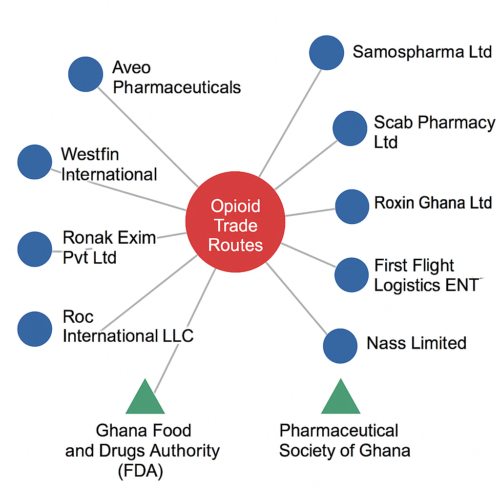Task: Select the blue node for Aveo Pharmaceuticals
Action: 86,74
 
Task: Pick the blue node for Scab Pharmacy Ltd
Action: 350,128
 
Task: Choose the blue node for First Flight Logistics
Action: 352,274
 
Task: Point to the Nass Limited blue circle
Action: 340,346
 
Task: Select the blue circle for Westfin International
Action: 35,162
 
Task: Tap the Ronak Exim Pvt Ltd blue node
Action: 35,249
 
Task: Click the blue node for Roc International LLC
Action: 35,329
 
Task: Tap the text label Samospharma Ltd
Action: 422,52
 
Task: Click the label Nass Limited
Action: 417,343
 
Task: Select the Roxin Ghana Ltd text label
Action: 433,203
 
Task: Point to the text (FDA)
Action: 142,471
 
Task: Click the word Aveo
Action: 131,67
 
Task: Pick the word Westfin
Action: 90,154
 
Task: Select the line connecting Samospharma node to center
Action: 291,122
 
